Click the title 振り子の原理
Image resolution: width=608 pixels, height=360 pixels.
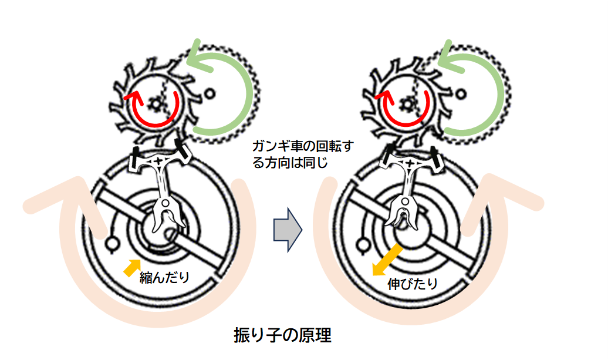pos(282,335)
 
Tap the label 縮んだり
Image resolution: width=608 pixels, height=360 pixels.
pos(165,278)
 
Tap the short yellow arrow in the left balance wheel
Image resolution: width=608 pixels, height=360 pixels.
pos(132,267)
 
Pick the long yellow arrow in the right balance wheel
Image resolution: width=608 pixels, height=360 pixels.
pos(387,261)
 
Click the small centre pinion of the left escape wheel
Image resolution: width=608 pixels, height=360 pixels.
pos(156,104)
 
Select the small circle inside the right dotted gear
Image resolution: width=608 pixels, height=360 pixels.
pos(461,92)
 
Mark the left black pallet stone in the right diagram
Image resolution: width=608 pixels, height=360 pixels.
pos(388,157)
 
